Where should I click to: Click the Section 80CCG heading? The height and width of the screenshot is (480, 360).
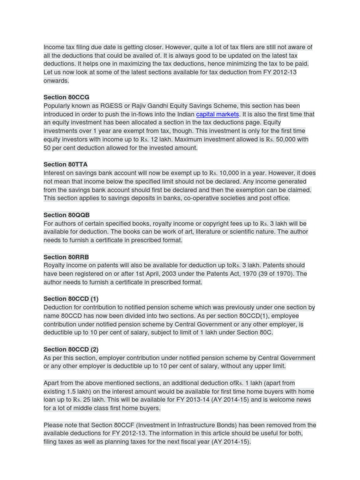[x=66, y=97]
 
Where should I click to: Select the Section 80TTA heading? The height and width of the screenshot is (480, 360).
[x=65, y=165]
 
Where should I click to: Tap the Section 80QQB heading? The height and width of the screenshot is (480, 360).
[x=67, y=215]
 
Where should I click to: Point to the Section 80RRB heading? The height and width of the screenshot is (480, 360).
[x=66, y=257]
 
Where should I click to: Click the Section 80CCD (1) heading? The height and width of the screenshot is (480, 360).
[x=71, y=299]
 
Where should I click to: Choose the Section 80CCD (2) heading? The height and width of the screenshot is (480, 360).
[x=71, y=349]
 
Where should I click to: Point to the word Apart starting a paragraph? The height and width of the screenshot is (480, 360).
[x=52, y=383]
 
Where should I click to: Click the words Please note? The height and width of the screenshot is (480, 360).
[x=61, y=425]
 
